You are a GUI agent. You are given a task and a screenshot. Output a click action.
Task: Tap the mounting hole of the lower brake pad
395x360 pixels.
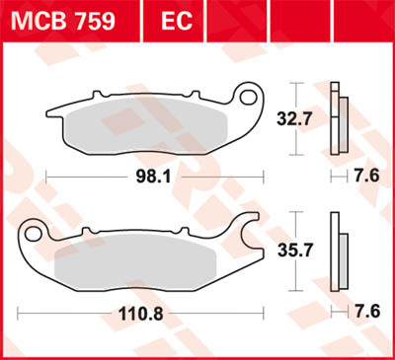(x=34, y=234)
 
